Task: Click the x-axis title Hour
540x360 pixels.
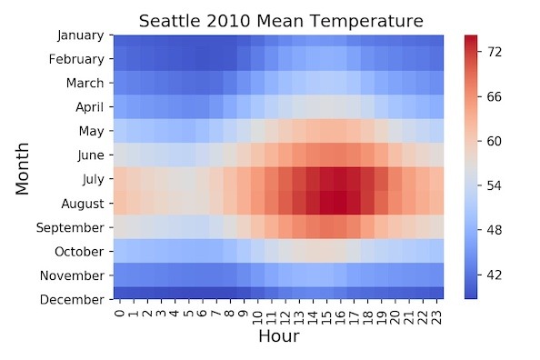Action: [x=278, y=335]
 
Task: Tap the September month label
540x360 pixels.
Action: [x=75, y=227]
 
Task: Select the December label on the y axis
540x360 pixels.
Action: [x=78, y=299]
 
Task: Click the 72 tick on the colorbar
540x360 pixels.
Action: [x=495, y=53]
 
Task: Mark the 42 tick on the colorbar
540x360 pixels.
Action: [x=495, y=274]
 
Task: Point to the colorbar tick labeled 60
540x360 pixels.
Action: [x=495, y=141]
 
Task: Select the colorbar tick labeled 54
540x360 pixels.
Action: [x=495, y=185]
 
